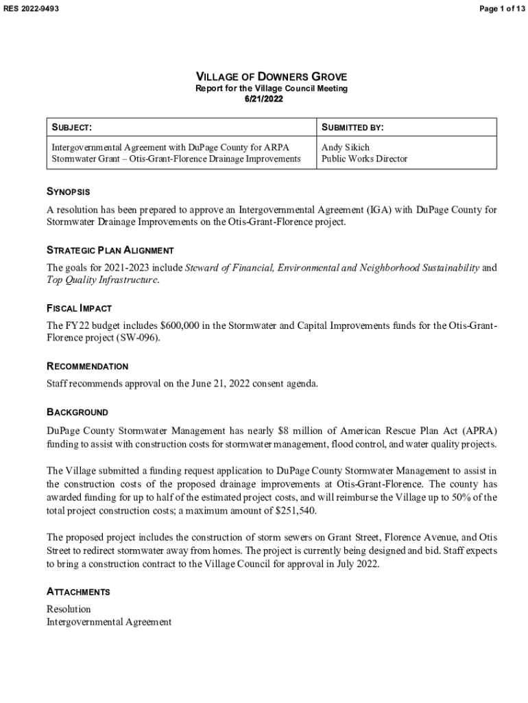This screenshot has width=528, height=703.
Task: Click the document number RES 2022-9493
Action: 31,8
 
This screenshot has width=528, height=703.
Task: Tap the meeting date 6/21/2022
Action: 264,100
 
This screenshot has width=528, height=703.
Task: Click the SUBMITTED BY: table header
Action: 352,128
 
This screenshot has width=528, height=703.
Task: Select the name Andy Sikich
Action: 345,147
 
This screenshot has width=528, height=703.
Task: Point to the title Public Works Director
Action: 364,159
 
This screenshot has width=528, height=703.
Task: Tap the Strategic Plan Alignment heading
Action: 110,250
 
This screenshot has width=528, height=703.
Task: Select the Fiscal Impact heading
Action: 79,308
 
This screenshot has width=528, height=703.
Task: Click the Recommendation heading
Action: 87,367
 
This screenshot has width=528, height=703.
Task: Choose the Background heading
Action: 77,413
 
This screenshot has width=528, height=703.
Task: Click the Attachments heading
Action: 78,592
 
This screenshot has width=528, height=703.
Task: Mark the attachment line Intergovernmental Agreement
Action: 108,621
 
